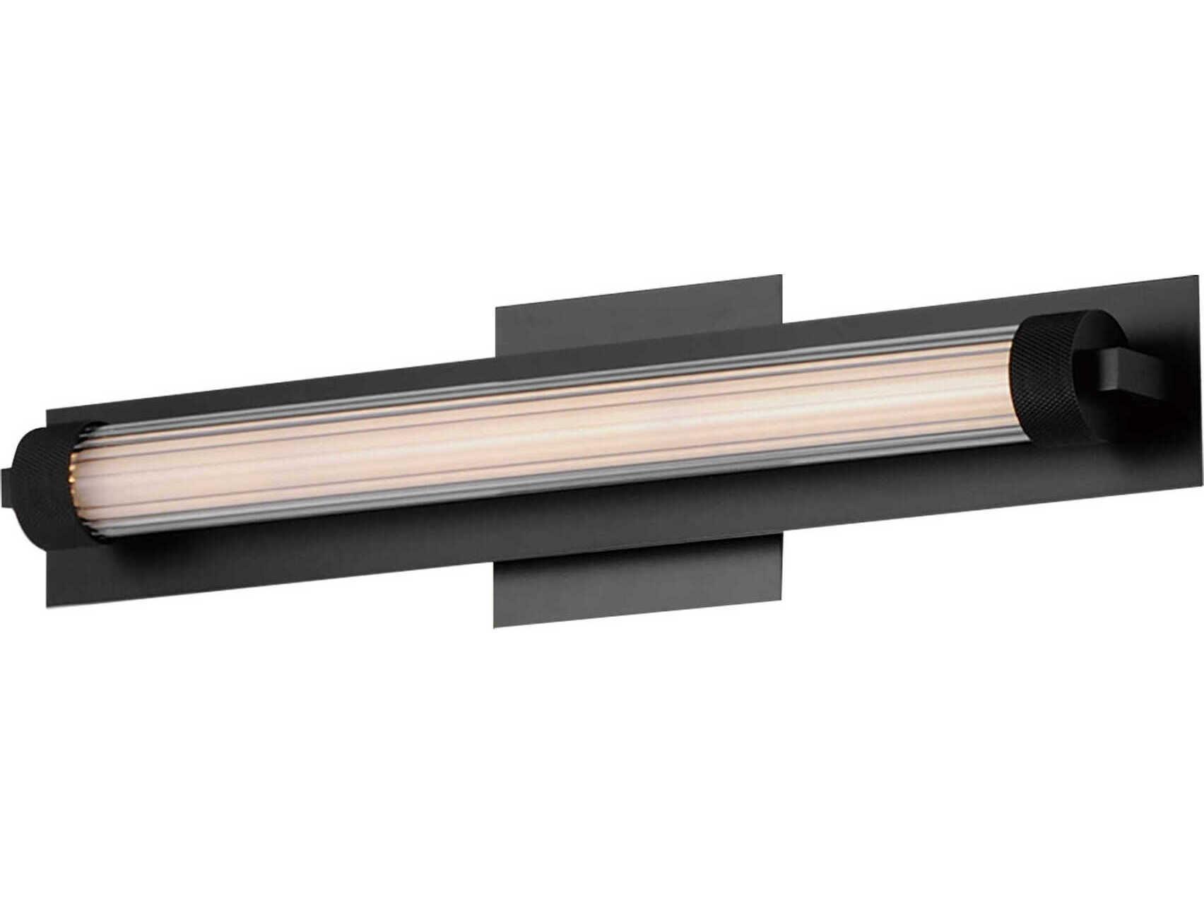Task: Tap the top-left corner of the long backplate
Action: (x=47, y=409)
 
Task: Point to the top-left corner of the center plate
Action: (x=497, y=307)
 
